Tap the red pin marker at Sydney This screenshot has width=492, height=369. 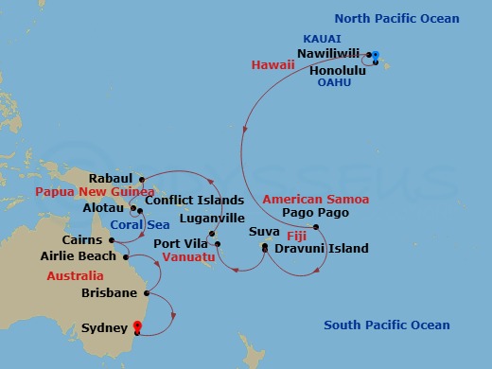click(x=138, y=328)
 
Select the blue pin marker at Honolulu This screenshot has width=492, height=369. click(x=376, y=56)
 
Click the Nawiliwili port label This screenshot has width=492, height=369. click(x=329, y=54)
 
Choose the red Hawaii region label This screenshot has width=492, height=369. click(x=272, y=64)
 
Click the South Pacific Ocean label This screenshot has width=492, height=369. click(x=387, y=325)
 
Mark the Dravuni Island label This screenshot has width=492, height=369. click(x=315, y=249)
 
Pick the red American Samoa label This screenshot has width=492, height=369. click(x=308, y=199)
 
